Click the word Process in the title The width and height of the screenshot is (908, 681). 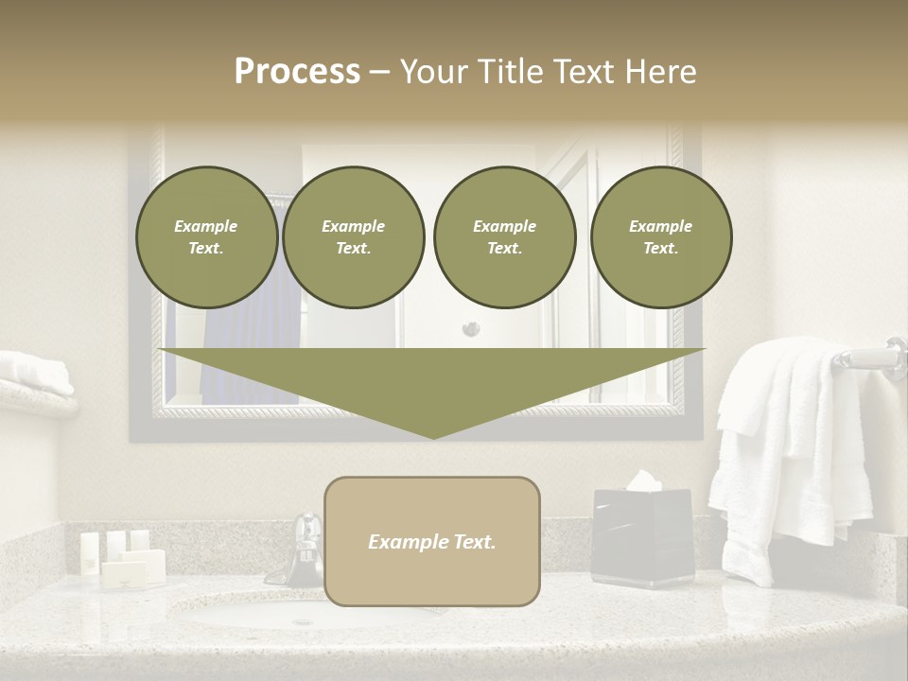[x=297, y=72]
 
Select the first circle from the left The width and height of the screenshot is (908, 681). [x=206, y=237]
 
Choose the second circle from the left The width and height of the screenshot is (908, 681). [x=353, y=237]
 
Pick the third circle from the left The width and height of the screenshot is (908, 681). [x=504, y=237]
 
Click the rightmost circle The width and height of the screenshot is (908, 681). [x=660, y=237]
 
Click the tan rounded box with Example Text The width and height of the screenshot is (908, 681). [x=431, y=541]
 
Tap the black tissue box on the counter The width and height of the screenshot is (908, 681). [x=642, y=539]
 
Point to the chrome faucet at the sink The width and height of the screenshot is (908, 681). [x=306, y=549]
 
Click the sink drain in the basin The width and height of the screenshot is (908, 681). [x=303, y=621]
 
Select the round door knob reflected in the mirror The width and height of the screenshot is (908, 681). [x=470, y=329]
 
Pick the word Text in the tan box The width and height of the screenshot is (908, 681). [x=474, y=542]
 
